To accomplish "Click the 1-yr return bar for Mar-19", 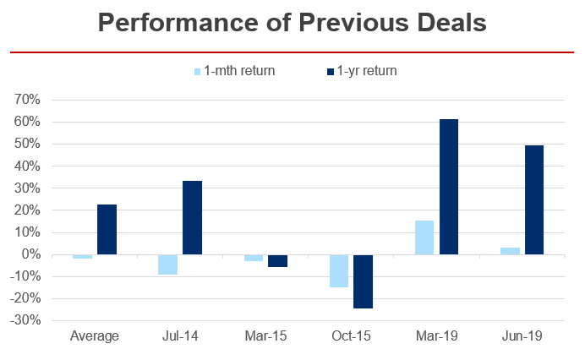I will (x=448, y=187).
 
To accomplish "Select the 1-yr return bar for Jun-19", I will (x=533, y=199).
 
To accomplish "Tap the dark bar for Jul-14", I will (x=192, y=217).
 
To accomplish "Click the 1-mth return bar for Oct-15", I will (x=338, y=270).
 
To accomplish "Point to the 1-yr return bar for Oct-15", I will (x=363, y=281).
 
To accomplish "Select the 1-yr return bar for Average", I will (x=107, y=229).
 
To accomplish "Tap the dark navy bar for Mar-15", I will (x=277, y=260).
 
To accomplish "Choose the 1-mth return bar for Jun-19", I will (x=509, y=251).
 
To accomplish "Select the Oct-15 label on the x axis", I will (x=350, y=336).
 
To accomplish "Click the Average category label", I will (x=94, y=336).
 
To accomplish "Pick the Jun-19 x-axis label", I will (x=521, y=336).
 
